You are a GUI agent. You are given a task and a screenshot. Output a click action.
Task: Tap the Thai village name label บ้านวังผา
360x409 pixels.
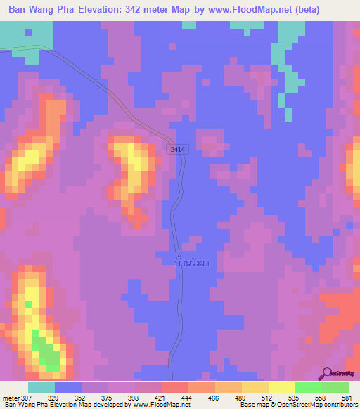coord(191,262)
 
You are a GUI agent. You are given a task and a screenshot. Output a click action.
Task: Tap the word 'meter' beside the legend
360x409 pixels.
coord(12,397)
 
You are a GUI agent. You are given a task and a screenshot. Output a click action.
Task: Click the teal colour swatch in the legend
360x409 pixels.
coord(41,387)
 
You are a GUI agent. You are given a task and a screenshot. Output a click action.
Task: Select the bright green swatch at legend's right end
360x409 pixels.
coord(335,387)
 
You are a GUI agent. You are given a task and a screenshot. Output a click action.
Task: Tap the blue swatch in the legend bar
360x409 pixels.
coord(68,387)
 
